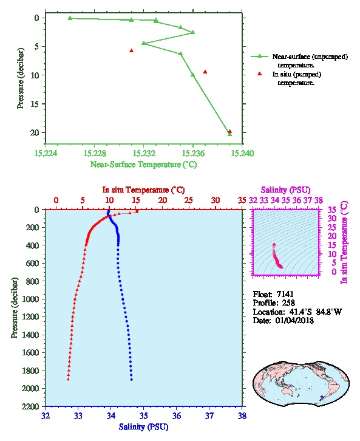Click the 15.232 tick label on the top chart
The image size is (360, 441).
[x=144, y=153]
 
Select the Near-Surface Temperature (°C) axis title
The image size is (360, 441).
[x=143, y=165]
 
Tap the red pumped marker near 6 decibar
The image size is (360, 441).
[x=131, y=50]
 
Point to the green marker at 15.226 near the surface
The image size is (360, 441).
[x=70, y=18]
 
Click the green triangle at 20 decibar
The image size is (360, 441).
[x=230, y=134]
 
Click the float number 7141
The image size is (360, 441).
[x=285, y=294]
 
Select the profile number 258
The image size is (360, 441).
[x=288, y=303]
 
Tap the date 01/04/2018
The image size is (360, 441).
[x=294, y=320]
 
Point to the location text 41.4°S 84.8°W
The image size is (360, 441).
[x=314, y=312]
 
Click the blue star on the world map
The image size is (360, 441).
[x=322, y=397]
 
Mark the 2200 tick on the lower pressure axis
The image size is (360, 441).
[x=30, y=406]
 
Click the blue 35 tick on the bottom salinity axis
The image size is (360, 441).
[x=144, y=415]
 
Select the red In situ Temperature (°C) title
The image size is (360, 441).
[x=143, y=190]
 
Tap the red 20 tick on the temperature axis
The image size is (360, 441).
[x=163, y=200]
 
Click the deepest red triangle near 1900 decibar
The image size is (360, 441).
[x=68, y=379]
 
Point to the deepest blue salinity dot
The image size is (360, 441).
[x=132, y=380]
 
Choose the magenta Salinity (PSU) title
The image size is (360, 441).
[x=286, y=190]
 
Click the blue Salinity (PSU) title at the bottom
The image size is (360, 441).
[x=144, y=427]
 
